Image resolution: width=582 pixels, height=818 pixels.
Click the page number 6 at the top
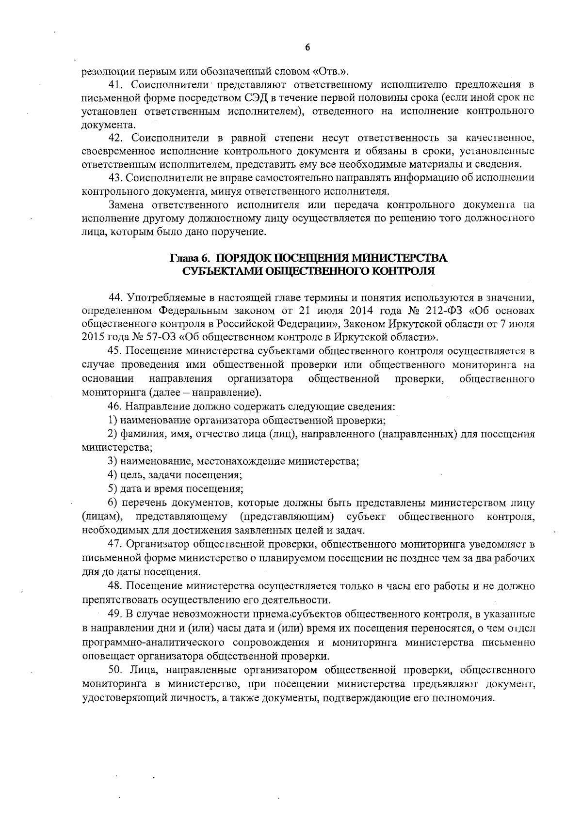click(307, 47)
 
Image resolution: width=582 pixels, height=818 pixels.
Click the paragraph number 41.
click(116, 85)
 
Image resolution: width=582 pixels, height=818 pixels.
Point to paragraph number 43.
click(116, 177)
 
